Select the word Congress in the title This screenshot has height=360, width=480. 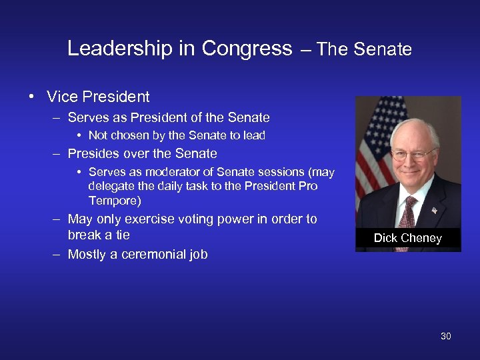pyautogui.click(x=247, y=49)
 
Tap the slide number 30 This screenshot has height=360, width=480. pyautogui.click(x=445, y=336)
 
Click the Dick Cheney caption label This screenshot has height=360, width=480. pyautogui.click(x=407, y=238)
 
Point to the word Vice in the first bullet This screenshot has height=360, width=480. pyautogui.click(x=61, y=97)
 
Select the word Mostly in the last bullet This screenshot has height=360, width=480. pyautogui.click(x=89, y=254)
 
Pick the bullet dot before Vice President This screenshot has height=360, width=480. pyautogui.click(x=31, y=97)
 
